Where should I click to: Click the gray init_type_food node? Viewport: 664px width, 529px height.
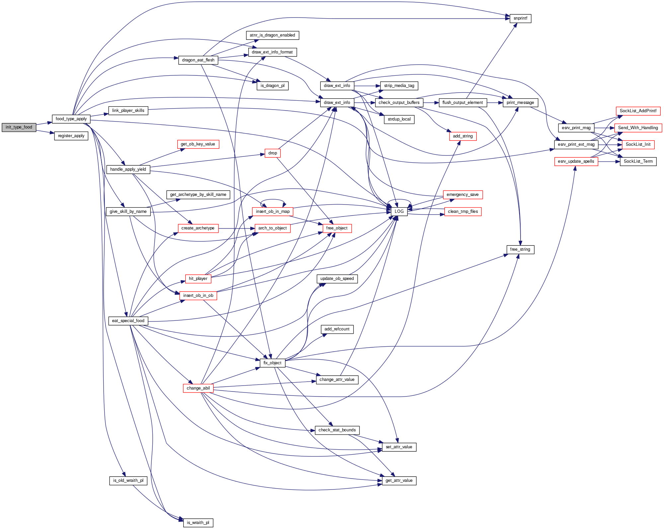tap(19, 127)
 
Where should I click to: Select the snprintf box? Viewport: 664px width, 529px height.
tap(520, 19)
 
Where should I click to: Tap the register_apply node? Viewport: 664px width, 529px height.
tap(71, 136)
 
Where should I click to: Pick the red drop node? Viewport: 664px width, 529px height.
tap(273, 153)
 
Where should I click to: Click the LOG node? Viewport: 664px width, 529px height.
tap(399, 212)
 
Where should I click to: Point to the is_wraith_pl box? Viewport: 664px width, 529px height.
tap(198, 523)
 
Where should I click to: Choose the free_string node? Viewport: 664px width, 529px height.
tap(520, 249)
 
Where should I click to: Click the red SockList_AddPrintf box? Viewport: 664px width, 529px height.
tap(638, 111)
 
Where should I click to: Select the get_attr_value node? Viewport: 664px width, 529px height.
tap(399, 481)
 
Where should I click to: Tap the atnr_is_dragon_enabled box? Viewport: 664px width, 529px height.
tap(272, 35)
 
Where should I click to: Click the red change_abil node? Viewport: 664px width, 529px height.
tap(198, 388)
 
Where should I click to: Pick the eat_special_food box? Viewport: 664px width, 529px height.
tap(128, 321)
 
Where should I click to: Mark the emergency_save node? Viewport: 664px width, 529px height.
tap(462, 195)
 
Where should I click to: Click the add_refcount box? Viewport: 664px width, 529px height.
tap(337, 329)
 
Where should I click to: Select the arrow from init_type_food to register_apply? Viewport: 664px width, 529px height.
tap(45, 132)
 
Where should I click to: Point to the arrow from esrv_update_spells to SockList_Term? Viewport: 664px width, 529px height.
tap(609, 162)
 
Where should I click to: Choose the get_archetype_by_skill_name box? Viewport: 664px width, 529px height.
tap(198, 195)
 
